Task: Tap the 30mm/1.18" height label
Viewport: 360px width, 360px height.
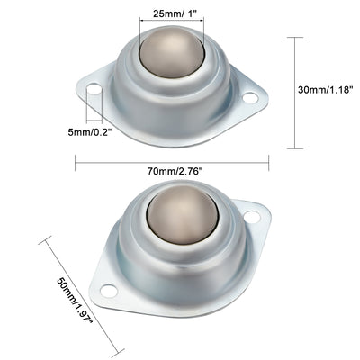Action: tap(329, 92)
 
